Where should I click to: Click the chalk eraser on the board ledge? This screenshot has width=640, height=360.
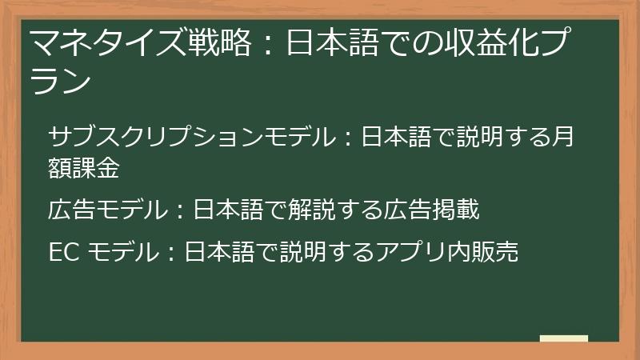(x=564, y=338)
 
